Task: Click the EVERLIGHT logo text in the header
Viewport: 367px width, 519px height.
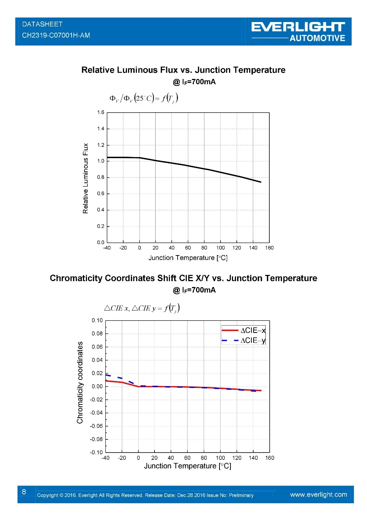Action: point(298,27)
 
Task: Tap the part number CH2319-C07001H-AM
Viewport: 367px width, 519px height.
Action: point(56,35)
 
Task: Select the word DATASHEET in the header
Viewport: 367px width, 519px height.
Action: point(42,24)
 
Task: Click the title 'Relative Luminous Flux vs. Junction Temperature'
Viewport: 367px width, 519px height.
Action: point(183,70)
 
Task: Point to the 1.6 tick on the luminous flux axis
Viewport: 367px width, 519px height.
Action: point(101,112)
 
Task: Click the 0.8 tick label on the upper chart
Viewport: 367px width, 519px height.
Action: point(101,177)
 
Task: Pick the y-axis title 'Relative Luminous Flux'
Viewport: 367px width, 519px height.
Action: point(86,178)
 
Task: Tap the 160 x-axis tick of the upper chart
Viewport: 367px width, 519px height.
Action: point(269,248)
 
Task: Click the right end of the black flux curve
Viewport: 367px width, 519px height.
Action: point(261,182)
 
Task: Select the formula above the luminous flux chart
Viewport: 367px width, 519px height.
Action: point(143,98)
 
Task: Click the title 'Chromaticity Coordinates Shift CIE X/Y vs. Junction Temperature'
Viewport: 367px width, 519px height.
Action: point(183,278)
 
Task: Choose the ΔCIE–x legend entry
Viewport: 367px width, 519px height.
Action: point(244,330)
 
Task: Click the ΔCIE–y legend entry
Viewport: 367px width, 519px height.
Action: point(244,341)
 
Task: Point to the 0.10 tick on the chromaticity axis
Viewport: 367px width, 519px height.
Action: point(97,320)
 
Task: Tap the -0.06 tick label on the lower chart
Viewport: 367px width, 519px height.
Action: point(97,426)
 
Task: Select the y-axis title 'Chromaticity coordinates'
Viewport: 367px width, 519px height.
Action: point(80,382)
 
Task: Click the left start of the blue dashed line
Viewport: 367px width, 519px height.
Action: point(106,375)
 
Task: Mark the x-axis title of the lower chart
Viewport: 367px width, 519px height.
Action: point(188,466)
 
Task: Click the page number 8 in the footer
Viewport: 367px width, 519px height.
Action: point(24,492)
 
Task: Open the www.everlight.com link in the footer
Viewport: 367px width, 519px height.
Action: point(318,494)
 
